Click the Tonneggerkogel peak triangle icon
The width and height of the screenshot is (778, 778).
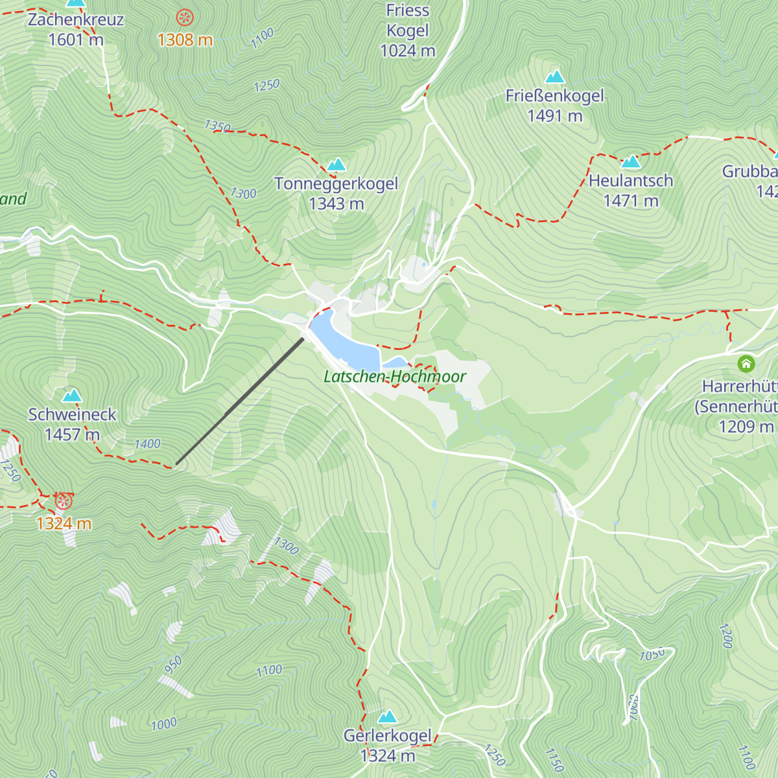336,165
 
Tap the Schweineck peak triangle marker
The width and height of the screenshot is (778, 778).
71,395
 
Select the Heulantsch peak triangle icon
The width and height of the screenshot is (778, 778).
631,161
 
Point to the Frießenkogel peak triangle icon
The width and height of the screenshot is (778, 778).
554,77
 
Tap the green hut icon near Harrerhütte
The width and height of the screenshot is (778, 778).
746,364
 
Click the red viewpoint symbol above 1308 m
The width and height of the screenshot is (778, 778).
185,18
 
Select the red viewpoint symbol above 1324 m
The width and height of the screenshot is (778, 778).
63,501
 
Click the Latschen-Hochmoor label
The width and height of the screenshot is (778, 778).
395,377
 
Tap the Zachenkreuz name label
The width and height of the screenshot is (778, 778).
75,19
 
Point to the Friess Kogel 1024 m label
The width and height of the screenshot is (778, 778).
408,30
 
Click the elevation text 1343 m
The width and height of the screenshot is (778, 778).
336,204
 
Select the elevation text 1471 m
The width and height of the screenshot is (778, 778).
631,201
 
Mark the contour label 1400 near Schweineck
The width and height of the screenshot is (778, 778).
147,444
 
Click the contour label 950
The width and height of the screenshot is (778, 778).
173,665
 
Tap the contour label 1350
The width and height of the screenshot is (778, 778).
217,126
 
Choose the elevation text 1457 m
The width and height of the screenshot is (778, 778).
72,434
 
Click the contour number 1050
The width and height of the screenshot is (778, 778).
652,654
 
